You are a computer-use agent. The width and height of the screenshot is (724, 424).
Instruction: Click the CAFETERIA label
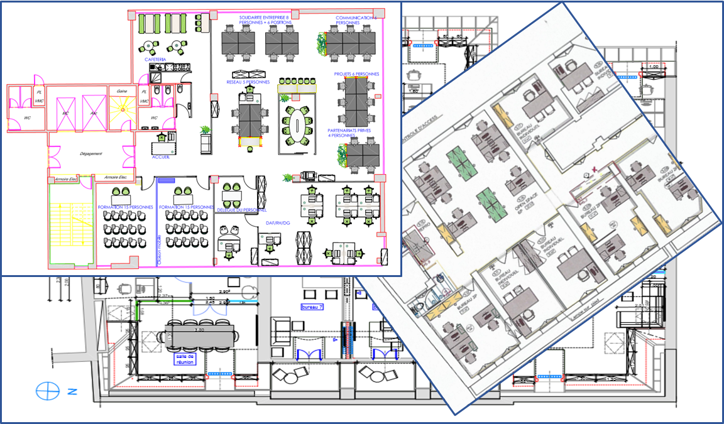pyautogui.click(x=155, y=60)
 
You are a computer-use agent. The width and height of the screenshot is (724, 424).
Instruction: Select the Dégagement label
pyautogui.click(x=91, y=153)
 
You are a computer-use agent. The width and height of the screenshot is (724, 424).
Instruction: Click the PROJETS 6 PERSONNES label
pyautogui.click(x=356, y=73)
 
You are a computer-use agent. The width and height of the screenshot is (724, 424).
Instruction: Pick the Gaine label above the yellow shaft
pyautogui.click(x=122, y=90)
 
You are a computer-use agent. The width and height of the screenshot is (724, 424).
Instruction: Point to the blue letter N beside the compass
pyautogui.click(x=72, y=392)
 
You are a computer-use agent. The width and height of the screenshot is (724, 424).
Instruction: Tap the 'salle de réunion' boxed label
pyautogui.click(x=187, y=359)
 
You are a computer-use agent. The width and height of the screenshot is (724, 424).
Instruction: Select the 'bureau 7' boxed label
pyautogui.click(x=312, y=307)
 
